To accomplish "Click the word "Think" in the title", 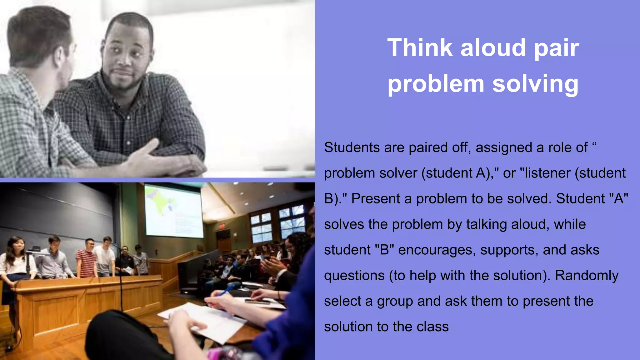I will click(419, 47).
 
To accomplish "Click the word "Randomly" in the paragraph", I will click(587, 275).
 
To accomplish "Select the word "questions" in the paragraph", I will click(354, 275).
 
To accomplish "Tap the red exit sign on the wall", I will click(222, 226).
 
